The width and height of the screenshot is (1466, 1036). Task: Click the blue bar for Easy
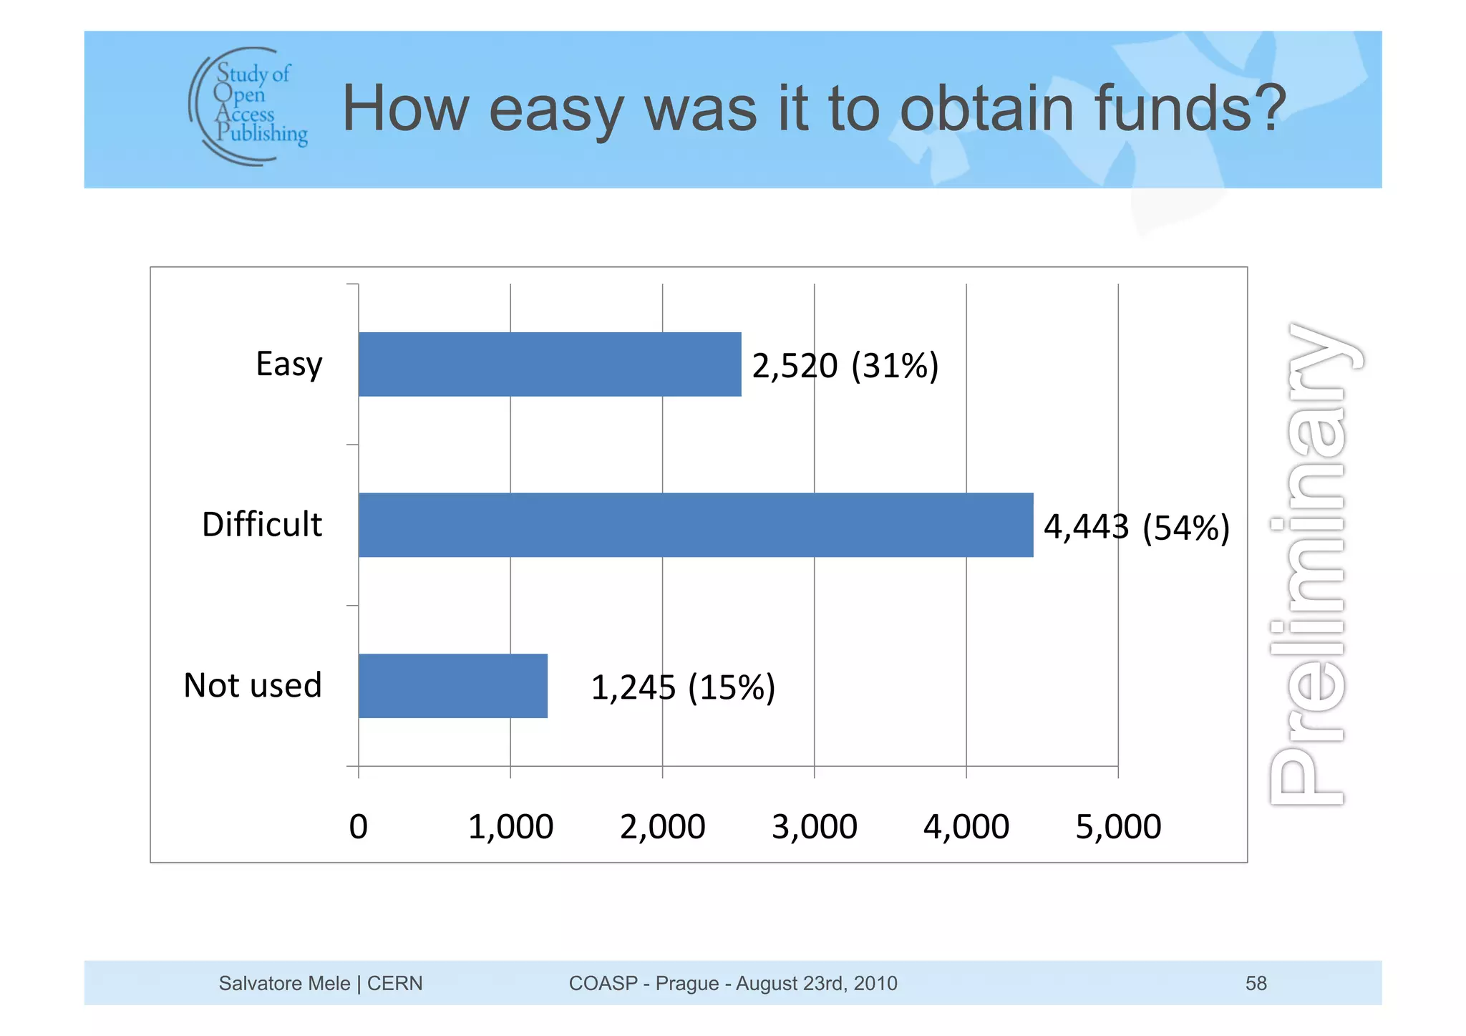click(x=550, y=364)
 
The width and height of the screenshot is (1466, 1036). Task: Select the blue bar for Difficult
click(x=696, y=525)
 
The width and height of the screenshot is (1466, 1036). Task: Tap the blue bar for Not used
click(x=453, y=686)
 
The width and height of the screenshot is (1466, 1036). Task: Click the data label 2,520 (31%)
click(x=845, y=366)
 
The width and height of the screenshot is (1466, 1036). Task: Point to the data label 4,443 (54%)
click(x=1136, y=528)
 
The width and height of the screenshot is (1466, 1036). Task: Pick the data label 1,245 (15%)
click(x=683, y=688)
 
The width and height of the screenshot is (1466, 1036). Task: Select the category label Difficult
click(x=262, y=525)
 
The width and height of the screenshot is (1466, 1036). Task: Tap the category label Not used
click(x=253, y=686)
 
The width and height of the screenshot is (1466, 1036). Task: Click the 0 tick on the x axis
click(x=358, y=827)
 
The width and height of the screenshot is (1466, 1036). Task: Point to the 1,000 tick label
click(x=510, y=827)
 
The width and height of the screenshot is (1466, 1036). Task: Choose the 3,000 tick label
click(x=814, y=827)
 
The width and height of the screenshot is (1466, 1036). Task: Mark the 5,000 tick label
click(x=1117, y=827)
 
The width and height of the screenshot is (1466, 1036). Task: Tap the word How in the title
click(x=405, y=109)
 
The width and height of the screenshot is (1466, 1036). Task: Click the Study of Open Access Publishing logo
click(x=248, y=106)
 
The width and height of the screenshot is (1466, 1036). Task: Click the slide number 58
click(x=1256, y=984)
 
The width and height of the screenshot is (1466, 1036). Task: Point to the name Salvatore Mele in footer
click(x=284, y=984)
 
